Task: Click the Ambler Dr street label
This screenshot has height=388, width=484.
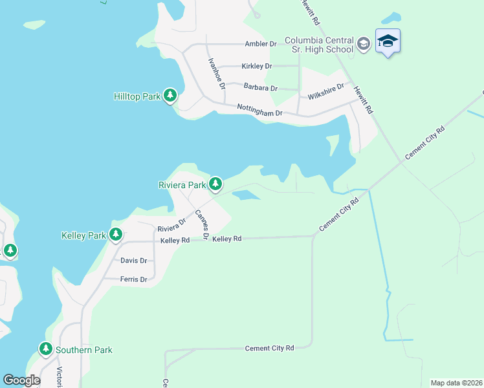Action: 260,44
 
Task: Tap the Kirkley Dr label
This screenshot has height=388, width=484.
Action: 256,66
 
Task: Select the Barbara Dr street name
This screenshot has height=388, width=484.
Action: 260,87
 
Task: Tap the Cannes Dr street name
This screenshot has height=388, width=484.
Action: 201,224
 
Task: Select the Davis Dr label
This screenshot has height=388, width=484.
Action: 134,261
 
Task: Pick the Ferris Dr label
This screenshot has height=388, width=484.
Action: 134,279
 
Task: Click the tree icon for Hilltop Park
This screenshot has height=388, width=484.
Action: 170,96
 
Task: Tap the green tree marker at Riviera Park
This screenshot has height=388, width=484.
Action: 215,185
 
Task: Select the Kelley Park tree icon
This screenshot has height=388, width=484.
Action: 116,235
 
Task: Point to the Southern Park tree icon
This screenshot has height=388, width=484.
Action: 45,350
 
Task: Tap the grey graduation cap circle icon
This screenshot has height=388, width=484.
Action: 364,44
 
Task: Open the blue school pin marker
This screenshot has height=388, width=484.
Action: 388,41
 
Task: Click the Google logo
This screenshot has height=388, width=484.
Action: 21,380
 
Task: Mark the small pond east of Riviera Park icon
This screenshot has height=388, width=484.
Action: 246,195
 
